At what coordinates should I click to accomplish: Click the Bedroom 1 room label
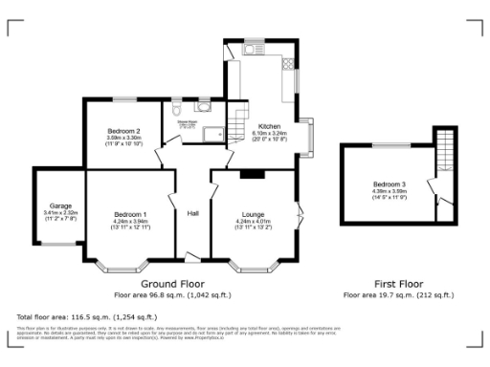pos(130,213)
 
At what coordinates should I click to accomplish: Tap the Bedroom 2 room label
pos(124,131)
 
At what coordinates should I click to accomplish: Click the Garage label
pos(61,205)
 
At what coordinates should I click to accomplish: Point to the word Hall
pos(192,213)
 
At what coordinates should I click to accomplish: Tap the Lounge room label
pos(254,214)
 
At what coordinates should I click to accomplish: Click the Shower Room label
pos(189,120)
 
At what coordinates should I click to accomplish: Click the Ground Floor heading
pos(173,284)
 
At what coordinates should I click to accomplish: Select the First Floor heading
pos(397,284)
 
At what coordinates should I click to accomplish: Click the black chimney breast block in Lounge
pos(253,173)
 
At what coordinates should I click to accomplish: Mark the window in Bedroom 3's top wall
pos(387,143)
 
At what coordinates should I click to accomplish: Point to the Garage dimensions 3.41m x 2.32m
pos(61,213)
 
